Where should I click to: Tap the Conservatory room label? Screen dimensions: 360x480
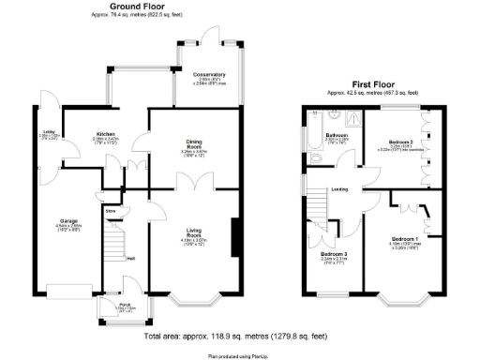coord(210,74)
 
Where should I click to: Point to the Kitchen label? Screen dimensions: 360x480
coord(104,134)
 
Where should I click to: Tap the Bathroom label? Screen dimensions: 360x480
coord(337,135)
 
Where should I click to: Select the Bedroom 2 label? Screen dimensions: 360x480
coord(401,142)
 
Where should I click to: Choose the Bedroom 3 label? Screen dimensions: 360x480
coord(333,254)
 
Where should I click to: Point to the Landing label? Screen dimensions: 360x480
coord(339,190)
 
